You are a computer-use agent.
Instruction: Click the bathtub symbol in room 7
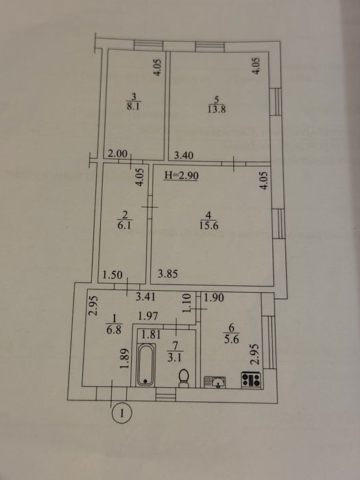(x=145, y=364)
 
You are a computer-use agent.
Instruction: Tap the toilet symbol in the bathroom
(x=184, y=378)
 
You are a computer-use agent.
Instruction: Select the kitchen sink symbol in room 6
(x=215, y=383)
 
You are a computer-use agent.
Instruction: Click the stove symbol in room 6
(x=251, y=380)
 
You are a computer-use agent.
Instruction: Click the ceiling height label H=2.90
(x=182, y=176)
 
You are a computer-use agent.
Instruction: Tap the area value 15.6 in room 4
(x=208, y=226)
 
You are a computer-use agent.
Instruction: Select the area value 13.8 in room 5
(x=217, y=109)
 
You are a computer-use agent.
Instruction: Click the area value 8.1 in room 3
(x=133, y=107)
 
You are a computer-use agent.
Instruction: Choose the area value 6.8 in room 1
(x=115, y=331)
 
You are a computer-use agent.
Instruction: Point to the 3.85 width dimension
(x=168, y=274)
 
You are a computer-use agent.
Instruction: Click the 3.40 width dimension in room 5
(x=184, y=156)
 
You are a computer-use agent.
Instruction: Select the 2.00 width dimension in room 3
(x=118, y=154)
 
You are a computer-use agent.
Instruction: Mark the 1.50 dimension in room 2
(x=112, y=275)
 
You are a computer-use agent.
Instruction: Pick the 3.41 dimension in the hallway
(x=145, y=297)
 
